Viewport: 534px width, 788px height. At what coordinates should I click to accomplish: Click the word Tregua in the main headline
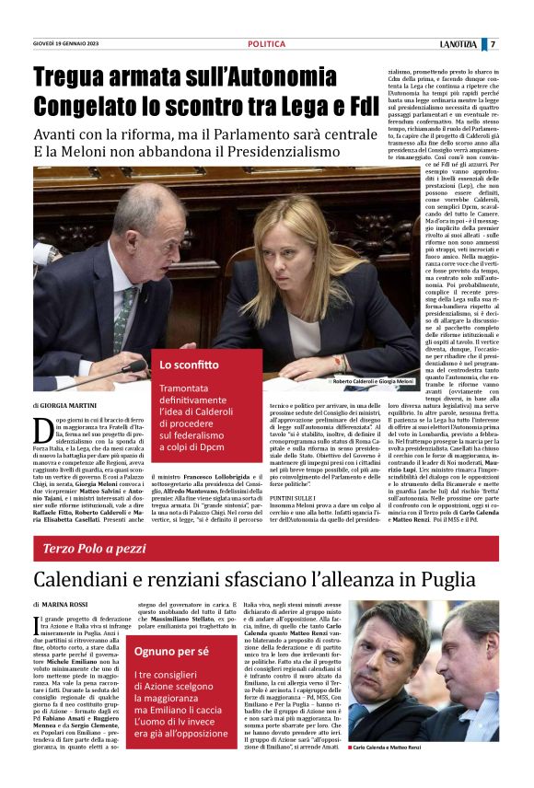[73, 77]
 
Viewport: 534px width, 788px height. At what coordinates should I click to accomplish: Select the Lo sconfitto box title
[182, 364]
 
